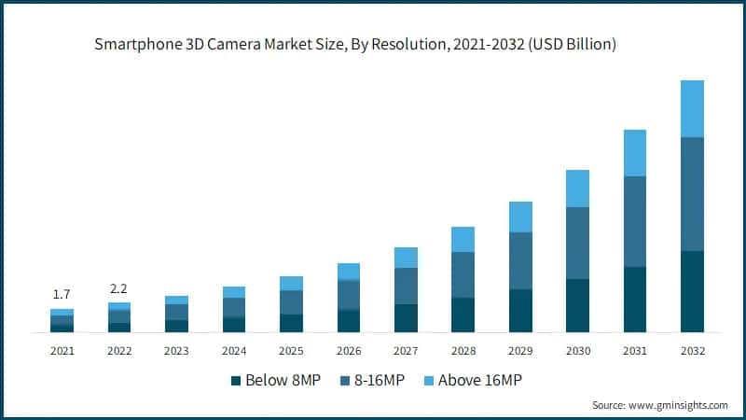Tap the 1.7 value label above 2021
coord(62,294)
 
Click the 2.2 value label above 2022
coord(119,287)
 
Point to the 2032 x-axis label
coord(692,351)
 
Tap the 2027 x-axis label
coord(406,351)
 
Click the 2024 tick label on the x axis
coord(234,351)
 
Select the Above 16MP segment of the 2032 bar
coord(692,108)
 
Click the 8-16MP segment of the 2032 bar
coord(692,194)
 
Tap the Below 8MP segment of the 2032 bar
coord(692,291)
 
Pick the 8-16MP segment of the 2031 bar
coord(635,221)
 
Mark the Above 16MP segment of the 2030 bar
coord(577,189)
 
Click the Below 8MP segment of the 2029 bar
coord(520,311)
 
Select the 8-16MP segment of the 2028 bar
coord(463,274)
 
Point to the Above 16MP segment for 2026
coord(349,271)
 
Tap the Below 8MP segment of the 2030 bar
coord(577,305)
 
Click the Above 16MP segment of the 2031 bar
coord(635,153)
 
